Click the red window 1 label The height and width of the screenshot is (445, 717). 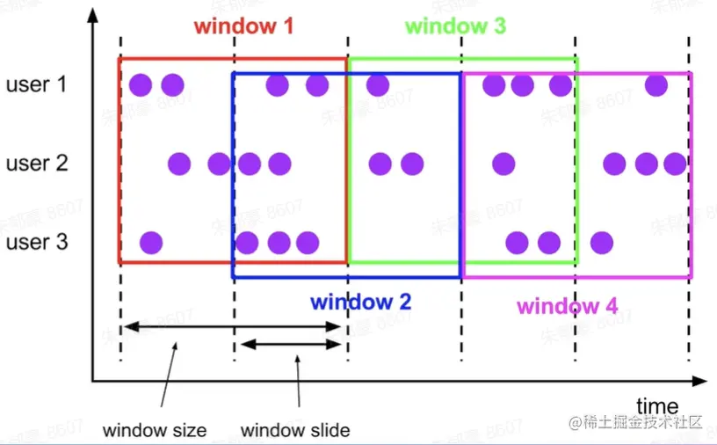coord(243,26)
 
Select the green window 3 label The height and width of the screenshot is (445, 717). coord(455,26)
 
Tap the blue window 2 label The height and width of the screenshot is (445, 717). coord(360,303)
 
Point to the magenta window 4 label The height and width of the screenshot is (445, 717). coord(567,306)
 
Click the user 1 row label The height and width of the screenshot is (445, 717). coord(37,85)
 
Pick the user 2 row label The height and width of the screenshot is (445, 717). coord(37,164)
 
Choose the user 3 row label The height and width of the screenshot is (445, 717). coord(37,242)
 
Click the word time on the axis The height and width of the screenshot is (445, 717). coord(657,406)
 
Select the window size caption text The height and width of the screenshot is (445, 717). coord(155,430)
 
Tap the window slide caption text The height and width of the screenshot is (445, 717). coord(295,430)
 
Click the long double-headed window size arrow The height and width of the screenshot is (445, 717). coord(232,327)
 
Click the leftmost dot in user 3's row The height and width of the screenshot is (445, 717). coord(151,242)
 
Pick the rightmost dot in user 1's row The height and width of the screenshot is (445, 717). coord(655,85)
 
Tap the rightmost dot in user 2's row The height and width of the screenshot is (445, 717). coord(675,164)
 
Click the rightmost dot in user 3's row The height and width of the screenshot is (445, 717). coord(602,242)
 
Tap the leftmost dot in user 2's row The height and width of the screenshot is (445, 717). coord(179,164)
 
